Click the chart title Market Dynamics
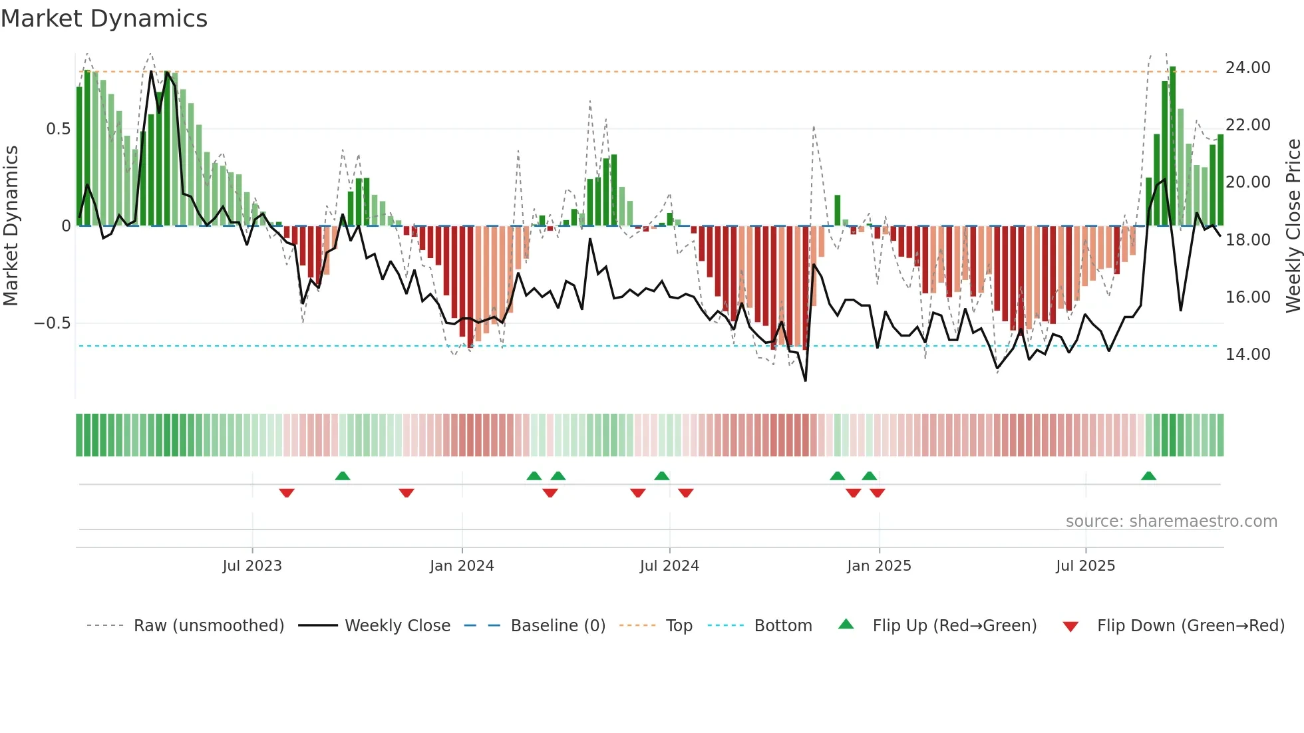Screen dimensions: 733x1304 click(104, 19)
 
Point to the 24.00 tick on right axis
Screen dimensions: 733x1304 click(1247, 68)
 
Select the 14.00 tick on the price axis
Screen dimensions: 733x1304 click(1247, 355)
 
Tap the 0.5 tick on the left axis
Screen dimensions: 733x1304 click(58, 129)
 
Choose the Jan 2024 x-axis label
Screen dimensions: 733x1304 click(462, 566)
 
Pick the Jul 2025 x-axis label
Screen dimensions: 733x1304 click(1085, 566)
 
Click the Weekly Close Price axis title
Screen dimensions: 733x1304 click(1293, 226)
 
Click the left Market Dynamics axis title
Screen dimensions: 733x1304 click(11, 226)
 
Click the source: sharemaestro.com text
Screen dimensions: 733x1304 click(1171, 521)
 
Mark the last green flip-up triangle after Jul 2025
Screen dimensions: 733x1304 click(1148, 476)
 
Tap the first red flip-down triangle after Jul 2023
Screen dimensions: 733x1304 click(287, 493)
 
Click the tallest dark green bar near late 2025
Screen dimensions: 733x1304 click(1172, 146)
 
